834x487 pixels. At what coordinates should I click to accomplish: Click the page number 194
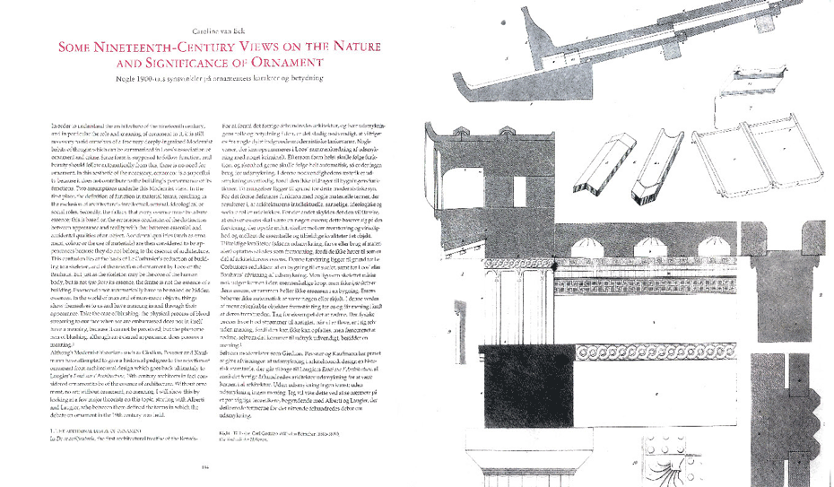(x=204, y=466)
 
